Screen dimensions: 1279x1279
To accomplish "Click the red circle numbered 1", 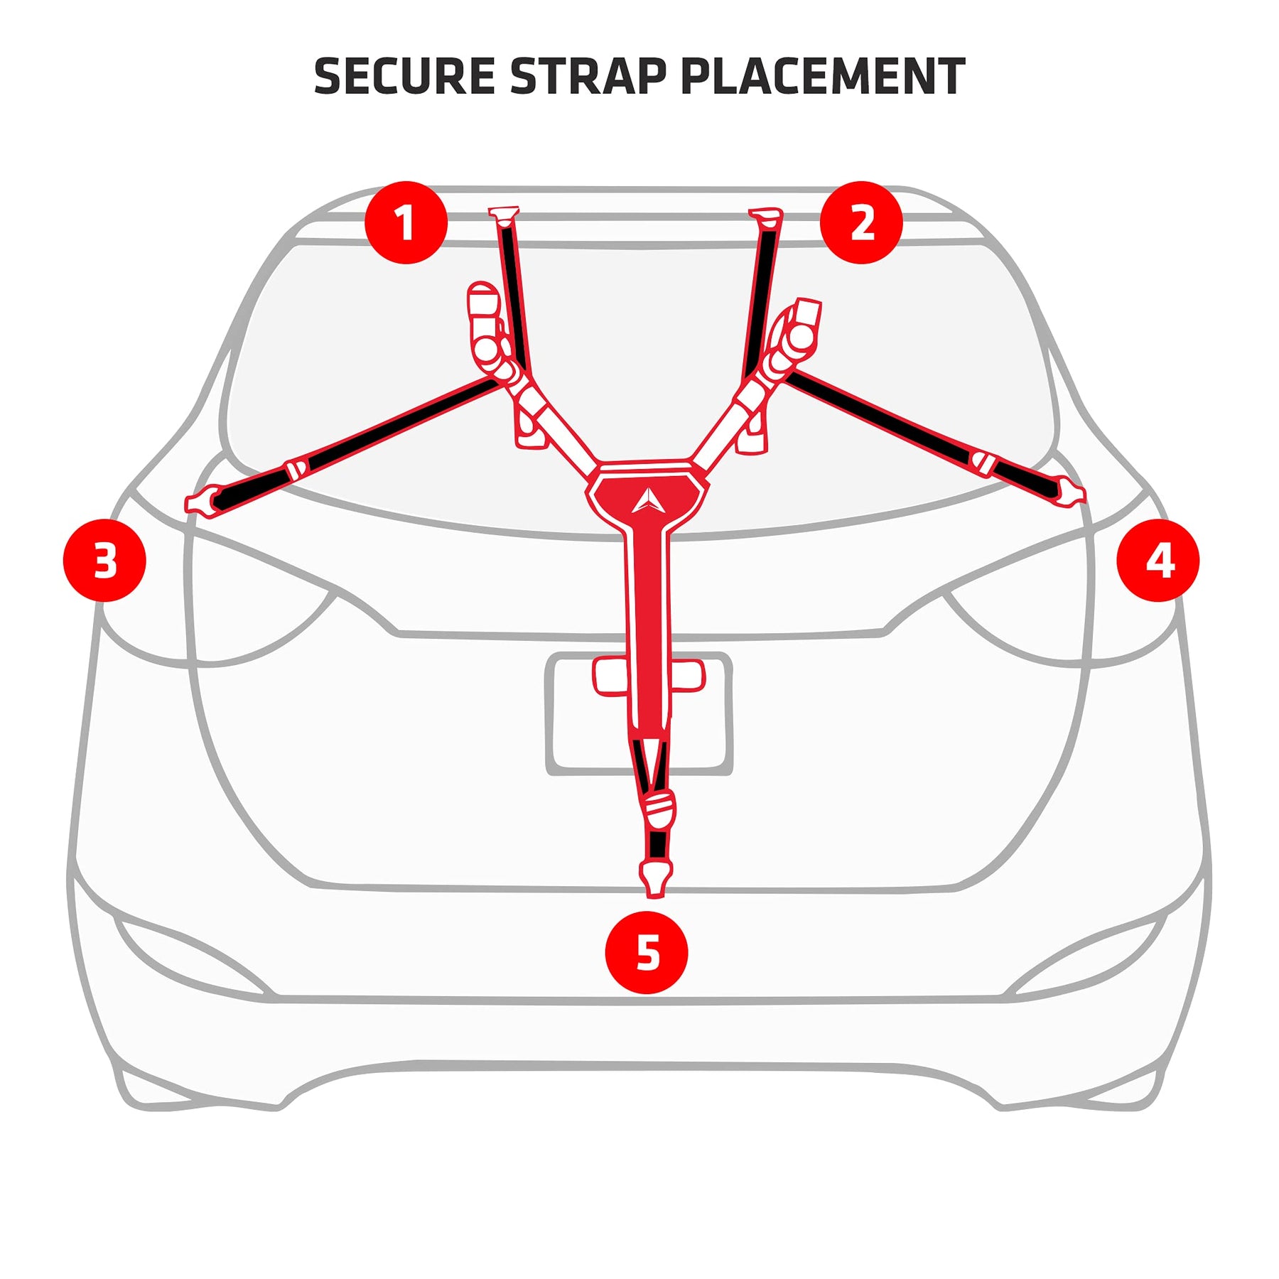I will point(406,222).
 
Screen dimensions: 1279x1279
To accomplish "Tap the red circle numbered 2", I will point(861,222).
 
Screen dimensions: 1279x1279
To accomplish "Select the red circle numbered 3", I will point(104,560).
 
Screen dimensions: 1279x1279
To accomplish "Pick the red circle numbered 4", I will point(1157,560).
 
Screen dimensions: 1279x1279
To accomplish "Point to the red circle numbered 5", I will point(646,952).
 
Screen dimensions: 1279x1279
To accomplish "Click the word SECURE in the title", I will point(404,77).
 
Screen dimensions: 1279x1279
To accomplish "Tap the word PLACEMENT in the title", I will point(822,77).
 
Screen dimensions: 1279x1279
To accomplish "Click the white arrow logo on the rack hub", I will point(647,501).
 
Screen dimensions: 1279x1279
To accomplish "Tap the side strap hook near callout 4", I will point(1069,492).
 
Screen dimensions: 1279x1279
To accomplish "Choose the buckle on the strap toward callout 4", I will point(983,463).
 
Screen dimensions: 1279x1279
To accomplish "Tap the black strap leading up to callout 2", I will point(759,298).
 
